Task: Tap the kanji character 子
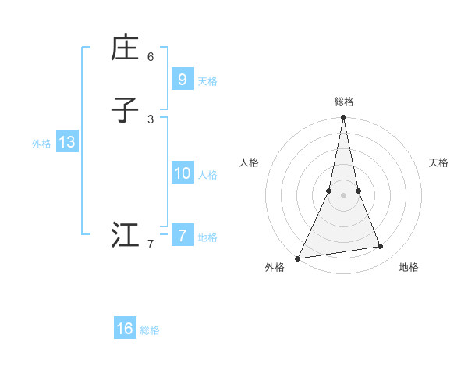(125, 110)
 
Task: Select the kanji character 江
(125, 235)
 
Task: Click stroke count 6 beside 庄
(151, 57)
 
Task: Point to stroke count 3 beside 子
(151, 119)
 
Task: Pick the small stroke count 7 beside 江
(151, 244)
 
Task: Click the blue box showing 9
(182, 80)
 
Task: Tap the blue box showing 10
(182, 173)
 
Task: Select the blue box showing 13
(66, 142)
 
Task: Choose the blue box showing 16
(125, 329)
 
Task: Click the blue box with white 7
(182, 235)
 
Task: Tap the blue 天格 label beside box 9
(207, 81)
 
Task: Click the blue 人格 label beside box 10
(207, 175)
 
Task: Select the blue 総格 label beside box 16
(150, 330)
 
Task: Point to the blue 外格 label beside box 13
(41, 144)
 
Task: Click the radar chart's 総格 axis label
(343, 102)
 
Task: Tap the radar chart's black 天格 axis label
(438, 162)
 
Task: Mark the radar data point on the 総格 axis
(343, 118)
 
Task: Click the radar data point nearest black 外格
(298, 258)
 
